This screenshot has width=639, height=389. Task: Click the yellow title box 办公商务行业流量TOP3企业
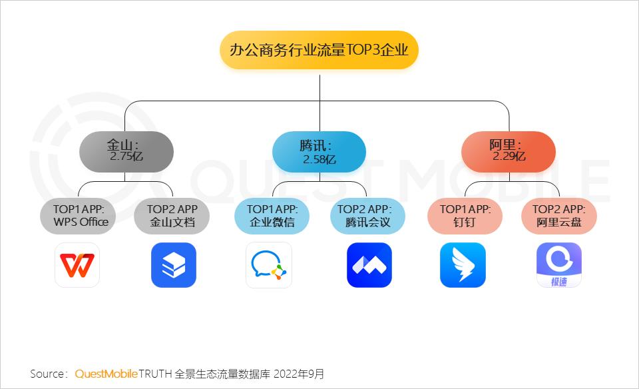[x=319, y=50]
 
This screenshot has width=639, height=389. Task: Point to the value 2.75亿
[x=126, y=157]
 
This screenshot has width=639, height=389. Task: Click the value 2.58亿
[x=319, y=160]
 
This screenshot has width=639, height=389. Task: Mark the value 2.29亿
[x=509, y=157]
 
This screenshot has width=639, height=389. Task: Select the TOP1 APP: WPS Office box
[x=78, y=216]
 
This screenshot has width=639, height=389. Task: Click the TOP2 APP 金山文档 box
[x=172, y=216]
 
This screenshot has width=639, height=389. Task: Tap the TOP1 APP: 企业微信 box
[x=272, y=216]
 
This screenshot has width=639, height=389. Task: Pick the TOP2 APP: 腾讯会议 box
[x=367, y=216]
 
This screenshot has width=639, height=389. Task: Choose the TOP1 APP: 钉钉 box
[x=465, y=216]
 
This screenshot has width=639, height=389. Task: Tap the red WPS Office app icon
[x=77, y=265]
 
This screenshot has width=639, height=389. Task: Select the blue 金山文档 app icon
[x=173, y=265]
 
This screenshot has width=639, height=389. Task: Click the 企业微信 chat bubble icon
[x=269, y=265]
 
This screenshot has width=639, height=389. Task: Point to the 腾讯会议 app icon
[x=369, y=265]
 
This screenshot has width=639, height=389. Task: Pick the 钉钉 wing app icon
[x=463, y=265]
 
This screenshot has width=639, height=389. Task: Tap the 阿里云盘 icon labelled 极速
[x=559, y=265]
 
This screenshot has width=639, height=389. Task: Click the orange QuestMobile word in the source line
[x=106, y=374]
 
